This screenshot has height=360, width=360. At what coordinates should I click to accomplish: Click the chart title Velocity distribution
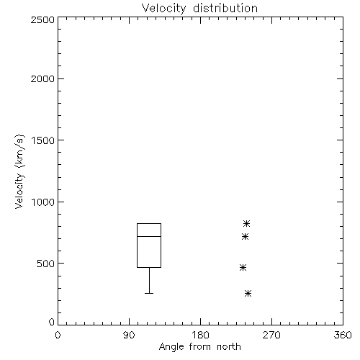[199, 8]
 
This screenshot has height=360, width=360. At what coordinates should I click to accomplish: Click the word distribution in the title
[225, 8]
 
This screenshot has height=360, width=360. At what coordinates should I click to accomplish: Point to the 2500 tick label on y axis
[43, 19]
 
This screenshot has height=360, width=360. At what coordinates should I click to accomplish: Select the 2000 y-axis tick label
[43, 78]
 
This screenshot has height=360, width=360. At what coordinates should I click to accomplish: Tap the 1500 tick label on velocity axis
[43, 140]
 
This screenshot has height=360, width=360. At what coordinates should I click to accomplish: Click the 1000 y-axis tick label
[43, 202]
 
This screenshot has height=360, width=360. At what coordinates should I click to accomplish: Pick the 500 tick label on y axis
[46, 264]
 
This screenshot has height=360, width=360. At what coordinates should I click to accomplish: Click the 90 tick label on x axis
[129, 335]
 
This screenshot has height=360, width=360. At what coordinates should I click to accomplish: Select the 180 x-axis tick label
[200, 335]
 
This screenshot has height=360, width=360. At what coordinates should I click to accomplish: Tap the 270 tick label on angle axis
[271, 335]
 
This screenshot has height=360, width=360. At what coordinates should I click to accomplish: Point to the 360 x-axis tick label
[343, 335]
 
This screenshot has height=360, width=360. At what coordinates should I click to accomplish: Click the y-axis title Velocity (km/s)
[19, 171]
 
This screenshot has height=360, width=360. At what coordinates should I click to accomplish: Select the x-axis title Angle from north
[200, 347]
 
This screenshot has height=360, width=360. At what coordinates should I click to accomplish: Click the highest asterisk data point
[246, 224]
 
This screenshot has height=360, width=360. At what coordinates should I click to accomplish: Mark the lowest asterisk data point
[248, 293]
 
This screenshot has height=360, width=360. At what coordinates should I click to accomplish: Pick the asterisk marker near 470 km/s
[243, 267]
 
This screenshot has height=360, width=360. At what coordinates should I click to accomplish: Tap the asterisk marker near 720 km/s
[245, 237]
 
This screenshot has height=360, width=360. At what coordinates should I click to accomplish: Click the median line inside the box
[149, 236]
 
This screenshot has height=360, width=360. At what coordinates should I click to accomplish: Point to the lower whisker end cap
[149, 293]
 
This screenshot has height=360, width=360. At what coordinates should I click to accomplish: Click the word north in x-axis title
[229, 346]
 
